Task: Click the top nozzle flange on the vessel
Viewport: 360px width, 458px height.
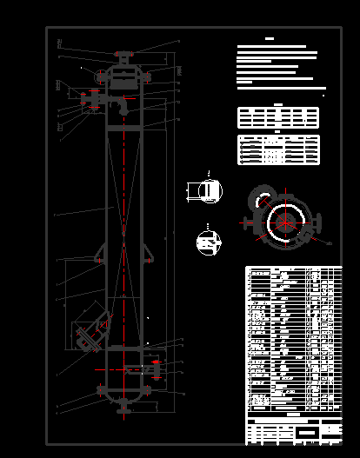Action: tap(123, 55)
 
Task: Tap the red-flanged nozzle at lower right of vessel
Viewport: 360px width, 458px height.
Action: tap(154, 368)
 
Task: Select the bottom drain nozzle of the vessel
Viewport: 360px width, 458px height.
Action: tap(123, 404)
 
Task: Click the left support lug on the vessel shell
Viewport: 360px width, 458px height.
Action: tap(100, 256)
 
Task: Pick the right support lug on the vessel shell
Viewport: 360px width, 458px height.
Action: tap(147, 256)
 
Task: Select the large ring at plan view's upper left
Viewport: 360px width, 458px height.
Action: tap(260, 199)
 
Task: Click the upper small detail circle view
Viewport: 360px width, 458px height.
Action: tap(210, 190)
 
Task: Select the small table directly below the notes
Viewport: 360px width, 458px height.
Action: tap(278, 117)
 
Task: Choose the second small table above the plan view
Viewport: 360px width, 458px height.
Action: tap(278, 149)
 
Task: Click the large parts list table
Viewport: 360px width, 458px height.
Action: tap(293, 339)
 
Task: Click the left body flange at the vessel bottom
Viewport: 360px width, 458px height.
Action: tap(101, 388)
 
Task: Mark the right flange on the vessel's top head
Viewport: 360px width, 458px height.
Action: tap(146, 77)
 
